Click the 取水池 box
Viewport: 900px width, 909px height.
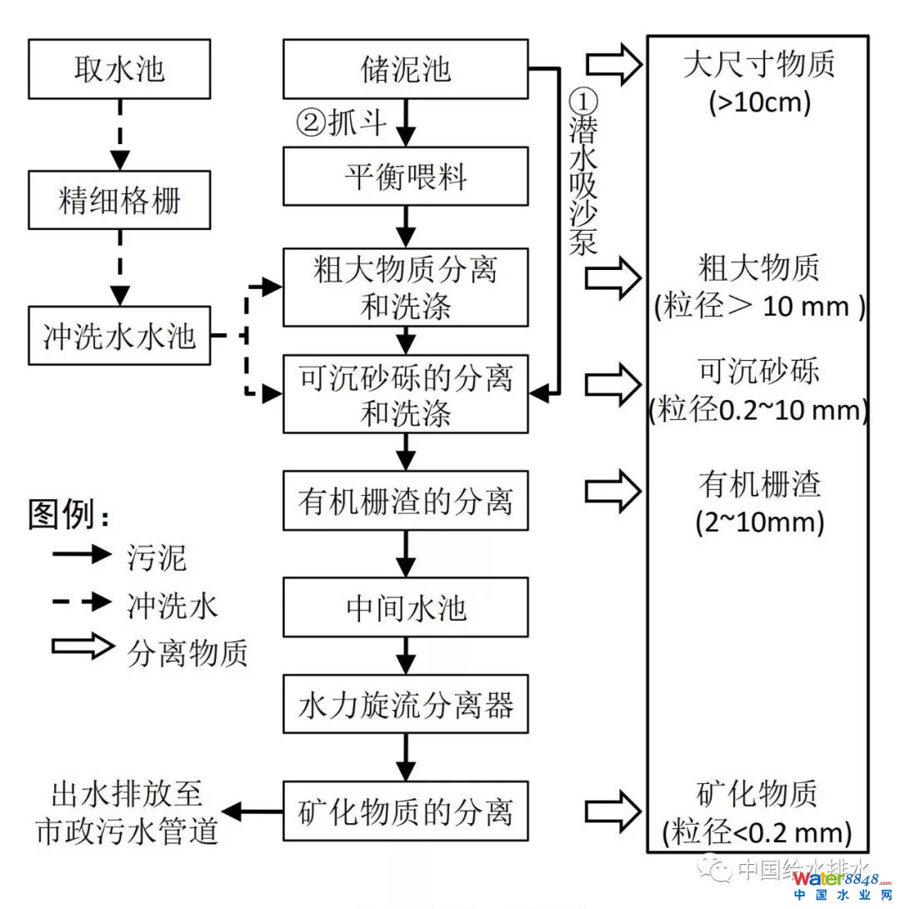(119, 68)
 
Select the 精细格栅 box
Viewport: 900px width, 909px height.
(119, 201)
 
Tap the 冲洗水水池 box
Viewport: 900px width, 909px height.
(119, 336)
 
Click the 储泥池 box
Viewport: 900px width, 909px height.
(405, 68)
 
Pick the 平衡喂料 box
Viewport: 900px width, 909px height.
(405, 177)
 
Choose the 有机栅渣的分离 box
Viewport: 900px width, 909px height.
(405, 501)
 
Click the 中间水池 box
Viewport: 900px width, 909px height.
(405, 608)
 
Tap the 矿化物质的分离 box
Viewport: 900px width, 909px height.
(405, 810)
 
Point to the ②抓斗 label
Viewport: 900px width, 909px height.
(342, 123)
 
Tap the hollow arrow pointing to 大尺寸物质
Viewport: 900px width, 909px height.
(613, 63)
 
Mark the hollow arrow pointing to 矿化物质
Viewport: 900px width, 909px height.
(613, 810)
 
